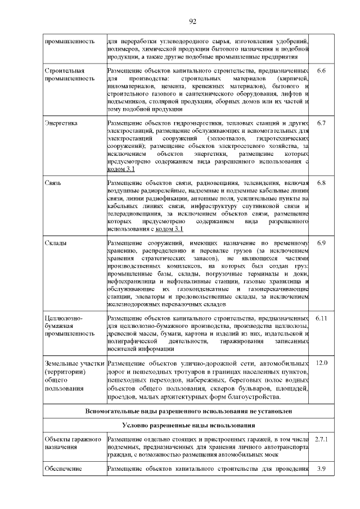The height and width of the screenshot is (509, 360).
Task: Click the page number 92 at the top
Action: click(192, 22)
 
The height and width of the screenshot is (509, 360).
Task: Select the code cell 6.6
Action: click(321, 71)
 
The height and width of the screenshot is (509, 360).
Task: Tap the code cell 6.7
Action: click(321, 123)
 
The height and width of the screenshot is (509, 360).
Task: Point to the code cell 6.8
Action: click(321, 183)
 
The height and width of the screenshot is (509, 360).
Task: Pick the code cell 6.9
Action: click(321, 243)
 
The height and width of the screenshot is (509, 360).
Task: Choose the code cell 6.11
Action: click(321, 318)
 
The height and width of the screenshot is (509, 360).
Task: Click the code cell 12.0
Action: click(321, 363)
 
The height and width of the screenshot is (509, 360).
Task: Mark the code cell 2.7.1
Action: click(321, 438)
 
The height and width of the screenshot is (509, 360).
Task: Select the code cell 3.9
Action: click(321, 469)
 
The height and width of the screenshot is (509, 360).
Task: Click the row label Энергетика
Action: click(61, 123)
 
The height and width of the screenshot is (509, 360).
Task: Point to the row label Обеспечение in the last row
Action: click(63, 469)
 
